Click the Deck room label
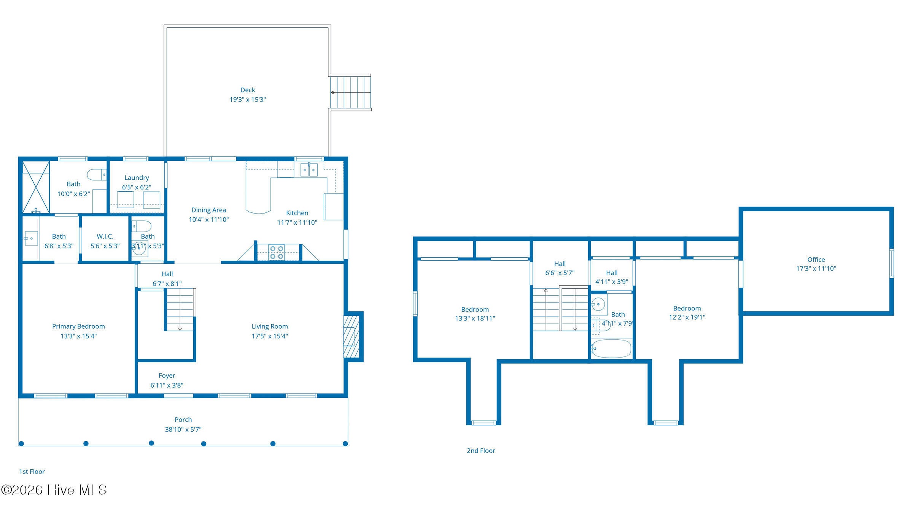pos(248,90)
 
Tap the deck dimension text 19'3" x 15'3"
pos(248,100)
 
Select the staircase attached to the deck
pos(350,92)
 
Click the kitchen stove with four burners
pos(277,253)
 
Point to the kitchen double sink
pos(309,170)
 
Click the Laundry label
pos(137,177)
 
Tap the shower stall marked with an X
pos(36,187)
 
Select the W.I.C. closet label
pos(105,236)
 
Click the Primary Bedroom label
pos(78,326)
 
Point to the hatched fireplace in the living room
pos(352,337)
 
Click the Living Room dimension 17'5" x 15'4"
pos(270,336)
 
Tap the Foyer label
pos(167,375)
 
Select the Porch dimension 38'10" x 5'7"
pos(183,429)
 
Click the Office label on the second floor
pos(816,260)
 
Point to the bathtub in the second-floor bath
pos(612,348)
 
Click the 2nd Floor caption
pos(481,451)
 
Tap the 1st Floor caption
pos(32,472)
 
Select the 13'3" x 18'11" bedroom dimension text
pos(475,318)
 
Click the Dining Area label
pos(208,210)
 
